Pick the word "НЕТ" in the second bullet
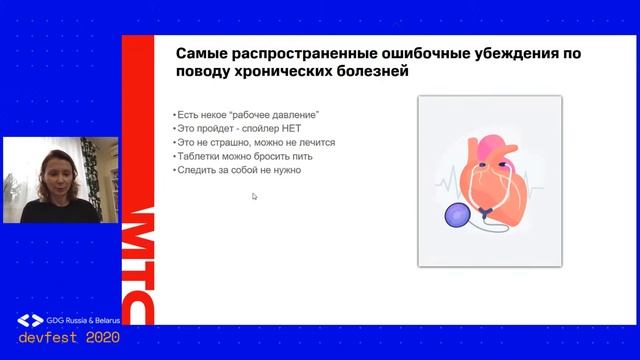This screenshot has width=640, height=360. tap(297, 129)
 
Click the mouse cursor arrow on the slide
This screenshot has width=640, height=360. tap(255, 196)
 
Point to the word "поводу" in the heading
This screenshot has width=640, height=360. tap(206, 73)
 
